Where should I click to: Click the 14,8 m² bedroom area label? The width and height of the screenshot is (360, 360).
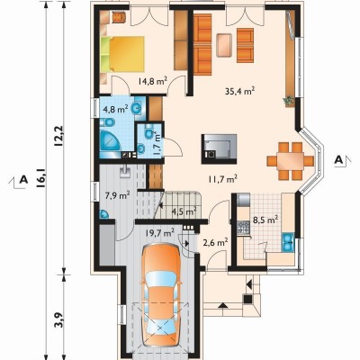(153, 81)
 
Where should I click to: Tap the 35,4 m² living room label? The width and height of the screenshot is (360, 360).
(240, 91)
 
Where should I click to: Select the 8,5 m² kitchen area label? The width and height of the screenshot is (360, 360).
(265, 220)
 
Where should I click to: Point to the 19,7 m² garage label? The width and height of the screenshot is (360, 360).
(160, 232)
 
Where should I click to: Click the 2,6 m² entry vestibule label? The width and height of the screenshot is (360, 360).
(215, 242)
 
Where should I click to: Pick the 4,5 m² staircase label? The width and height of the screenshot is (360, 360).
(184, 211)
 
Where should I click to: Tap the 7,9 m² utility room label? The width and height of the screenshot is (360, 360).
(117, 196)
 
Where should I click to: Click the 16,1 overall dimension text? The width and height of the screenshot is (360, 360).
(41, 178)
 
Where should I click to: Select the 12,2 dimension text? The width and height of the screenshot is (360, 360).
(58, 136)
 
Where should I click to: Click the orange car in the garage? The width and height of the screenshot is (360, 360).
(161, 297)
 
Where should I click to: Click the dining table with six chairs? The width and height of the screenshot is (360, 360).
(290, 161)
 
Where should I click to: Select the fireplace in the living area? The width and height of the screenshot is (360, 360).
(219, 148)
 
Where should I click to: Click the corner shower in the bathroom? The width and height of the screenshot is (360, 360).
(109, 140)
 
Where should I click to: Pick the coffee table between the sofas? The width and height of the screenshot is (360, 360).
(224, 45)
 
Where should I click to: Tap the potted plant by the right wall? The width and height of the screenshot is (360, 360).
(289, 101)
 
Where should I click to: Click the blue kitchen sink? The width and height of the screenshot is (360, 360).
(288, 242)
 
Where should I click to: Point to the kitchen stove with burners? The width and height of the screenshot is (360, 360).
(243, 227)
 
